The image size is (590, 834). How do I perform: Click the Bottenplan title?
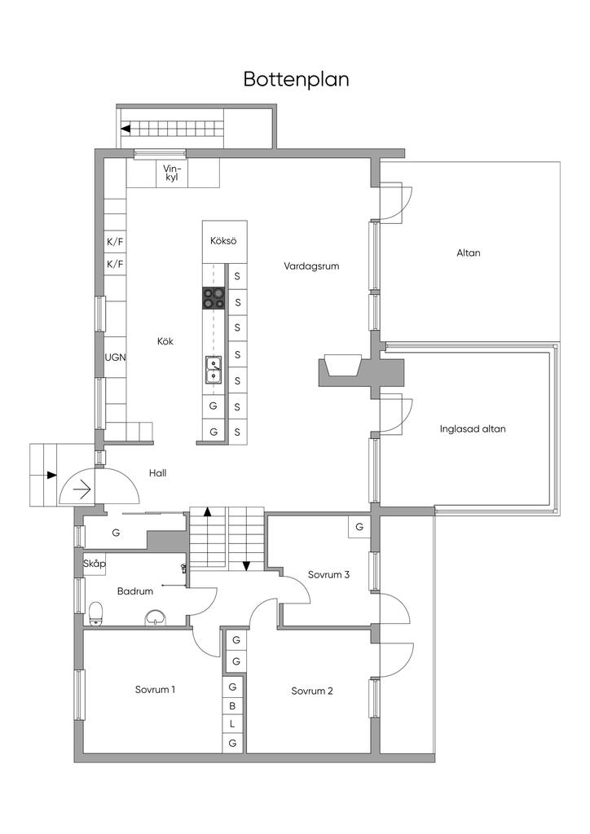[296, 80]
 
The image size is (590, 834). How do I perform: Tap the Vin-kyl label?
[171, 173]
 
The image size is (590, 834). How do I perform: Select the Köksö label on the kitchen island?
[223, 241]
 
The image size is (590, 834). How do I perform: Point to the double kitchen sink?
[214, 370]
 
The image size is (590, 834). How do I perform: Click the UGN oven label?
[115, 358]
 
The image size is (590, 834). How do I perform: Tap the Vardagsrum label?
[311, 266]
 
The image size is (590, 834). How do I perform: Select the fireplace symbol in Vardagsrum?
[340, 364]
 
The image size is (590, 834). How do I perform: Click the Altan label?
[468, 253]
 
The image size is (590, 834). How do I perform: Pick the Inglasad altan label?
[473, 428]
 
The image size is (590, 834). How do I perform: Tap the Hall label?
[157, 473]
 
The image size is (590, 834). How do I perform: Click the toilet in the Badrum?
[96, 613]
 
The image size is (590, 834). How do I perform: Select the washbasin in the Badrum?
[156, 618]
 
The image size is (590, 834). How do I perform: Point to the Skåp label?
[95, 564]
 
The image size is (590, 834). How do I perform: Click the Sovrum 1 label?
[155, 690]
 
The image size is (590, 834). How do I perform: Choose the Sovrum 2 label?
[312, 691]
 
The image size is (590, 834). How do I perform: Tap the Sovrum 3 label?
[328, 574]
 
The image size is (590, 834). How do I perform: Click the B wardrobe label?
[232, 706]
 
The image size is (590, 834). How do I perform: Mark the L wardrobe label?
[232, 724]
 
